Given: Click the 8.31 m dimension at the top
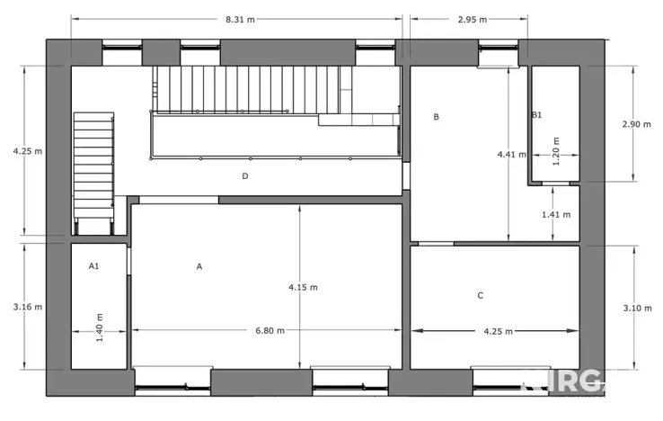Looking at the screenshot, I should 238,18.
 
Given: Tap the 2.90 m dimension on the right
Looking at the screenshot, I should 636,124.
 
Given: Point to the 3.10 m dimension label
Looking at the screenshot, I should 636,308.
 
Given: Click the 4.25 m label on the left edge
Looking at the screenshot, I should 28,151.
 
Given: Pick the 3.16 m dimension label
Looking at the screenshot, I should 28,307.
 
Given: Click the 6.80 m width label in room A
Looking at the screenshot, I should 270,330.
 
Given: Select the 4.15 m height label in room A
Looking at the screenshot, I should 303,287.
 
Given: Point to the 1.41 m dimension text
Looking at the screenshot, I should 556,215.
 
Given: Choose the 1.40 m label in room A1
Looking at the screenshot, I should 101,327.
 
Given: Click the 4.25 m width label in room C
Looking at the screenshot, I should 498,331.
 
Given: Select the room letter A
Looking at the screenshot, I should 199,266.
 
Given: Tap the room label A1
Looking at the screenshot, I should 93,266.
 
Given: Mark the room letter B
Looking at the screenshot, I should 437,117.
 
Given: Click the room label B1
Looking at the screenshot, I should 536,115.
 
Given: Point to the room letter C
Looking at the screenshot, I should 481,295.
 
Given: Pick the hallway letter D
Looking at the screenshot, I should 244,176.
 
